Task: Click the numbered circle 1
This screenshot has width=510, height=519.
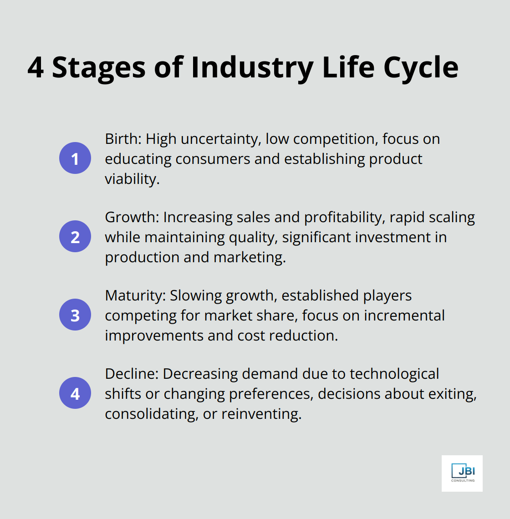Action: (x=75, y=158)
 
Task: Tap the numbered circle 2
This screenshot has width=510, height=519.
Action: (x=75, y=237)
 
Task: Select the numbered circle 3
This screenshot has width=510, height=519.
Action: (x=75, y=315)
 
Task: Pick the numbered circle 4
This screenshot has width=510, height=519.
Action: (x=75, y=393)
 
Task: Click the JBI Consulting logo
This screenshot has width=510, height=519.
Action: (x=462, y=473)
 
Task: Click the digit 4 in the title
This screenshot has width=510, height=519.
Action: (x=36, y=67)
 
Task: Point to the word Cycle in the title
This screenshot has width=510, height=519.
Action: (x=421, y=67)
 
